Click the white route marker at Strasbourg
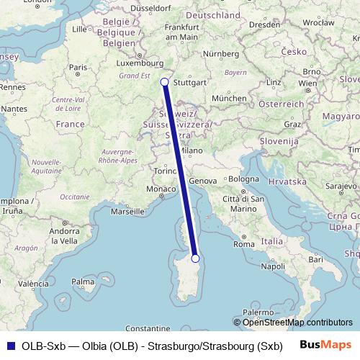pos(165,82)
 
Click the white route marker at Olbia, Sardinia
pos(195,258)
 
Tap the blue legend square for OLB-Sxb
pos(8,346)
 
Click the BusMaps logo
pos(326,346)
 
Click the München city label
pos(233,97)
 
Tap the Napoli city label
pos(274,266)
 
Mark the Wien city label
pos(307,83)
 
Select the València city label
pos(26,284)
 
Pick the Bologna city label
pos(244,179)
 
